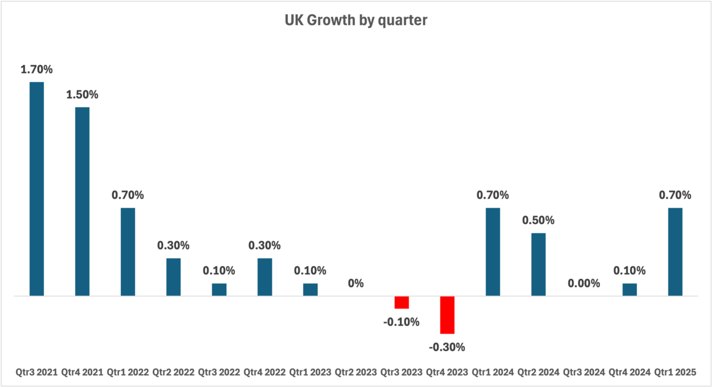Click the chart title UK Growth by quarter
point(356,21)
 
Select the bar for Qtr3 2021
point(36,188)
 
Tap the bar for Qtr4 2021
point(82,201)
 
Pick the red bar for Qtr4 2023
point(447,315)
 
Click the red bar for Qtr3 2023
point(401,302)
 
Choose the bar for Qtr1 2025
point(675,251)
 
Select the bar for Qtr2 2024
point(538,264)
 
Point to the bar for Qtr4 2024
point(629,289)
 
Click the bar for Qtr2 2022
point(173,277)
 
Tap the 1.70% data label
point(36,69)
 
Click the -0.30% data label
point(447,347)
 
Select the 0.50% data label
point(538,220)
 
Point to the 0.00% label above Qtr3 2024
point(584,283)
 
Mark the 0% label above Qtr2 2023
point(356,283)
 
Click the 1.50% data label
point(82,95)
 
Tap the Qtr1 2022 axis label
point(127,373)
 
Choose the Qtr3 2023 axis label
point(401,373)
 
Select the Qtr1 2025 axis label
point(675,373)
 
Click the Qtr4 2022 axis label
point(264,373)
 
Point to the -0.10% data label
point(401,322)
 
